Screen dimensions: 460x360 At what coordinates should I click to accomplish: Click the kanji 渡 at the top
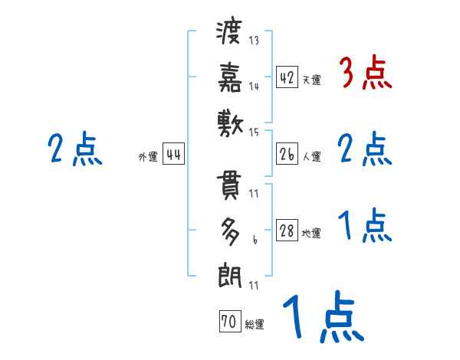pos(230,33)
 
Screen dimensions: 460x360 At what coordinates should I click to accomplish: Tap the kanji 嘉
pos(230,76)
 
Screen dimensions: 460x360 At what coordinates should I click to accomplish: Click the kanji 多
pos(230,231)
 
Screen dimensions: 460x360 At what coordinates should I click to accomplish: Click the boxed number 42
pos(287,77)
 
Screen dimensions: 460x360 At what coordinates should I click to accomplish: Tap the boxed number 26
pos(287,155)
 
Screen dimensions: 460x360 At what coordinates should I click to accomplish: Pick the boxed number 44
pos(173,155)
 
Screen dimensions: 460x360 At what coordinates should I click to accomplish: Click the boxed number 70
pos(229,322)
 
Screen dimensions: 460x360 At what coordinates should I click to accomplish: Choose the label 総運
pos(254,325)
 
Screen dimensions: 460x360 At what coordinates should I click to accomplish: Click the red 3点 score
pos(365,74)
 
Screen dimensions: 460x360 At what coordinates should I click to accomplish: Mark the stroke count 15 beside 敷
pos(253,133)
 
